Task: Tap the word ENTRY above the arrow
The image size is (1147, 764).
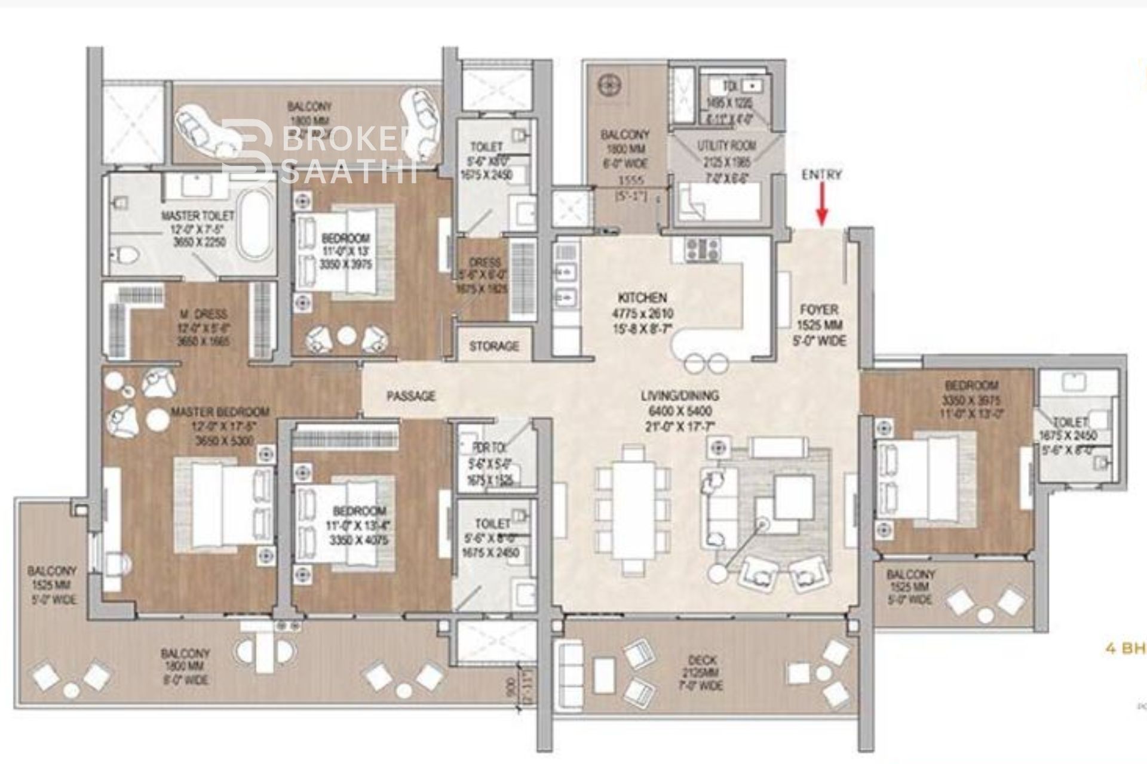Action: click(822, 175)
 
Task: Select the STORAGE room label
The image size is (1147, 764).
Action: click(494, 346)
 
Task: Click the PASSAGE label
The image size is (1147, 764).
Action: click(410, 396)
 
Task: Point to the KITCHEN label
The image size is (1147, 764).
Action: click(642, 297)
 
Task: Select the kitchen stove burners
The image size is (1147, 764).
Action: click(704, 249)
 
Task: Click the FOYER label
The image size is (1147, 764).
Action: click(819, 310)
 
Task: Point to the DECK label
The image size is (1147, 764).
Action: click(702, 661)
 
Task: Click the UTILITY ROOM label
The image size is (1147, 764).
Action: click(726, 145)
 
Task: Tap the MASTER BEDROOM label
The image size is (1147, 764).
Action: click(220, 412)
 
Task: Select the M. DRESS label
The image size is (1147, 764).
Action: click(204, 314)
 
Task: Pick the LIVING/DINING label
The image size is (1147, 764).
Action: click(680, 396)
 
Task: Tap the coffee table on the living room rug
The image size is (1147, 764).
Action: click(793, 497)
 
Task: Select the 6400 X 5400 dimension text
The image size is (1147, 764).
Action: click(680, 411)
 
